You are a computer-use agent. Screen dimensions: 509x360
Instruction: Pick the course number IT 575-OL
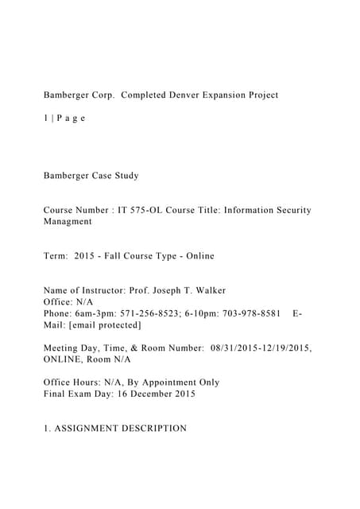(141, 210)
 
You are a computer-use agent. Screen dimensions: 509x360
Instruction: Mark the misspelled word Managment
(68, 221)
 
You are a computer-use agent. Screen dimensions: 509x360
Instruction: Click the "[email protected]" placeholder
(99, 324)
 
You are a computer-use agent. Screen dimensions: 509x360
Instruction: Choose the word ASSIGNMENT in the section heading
(86, 428)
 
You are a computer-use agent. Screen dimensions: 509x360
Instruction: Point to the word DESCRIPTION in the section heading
(154, 428)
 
